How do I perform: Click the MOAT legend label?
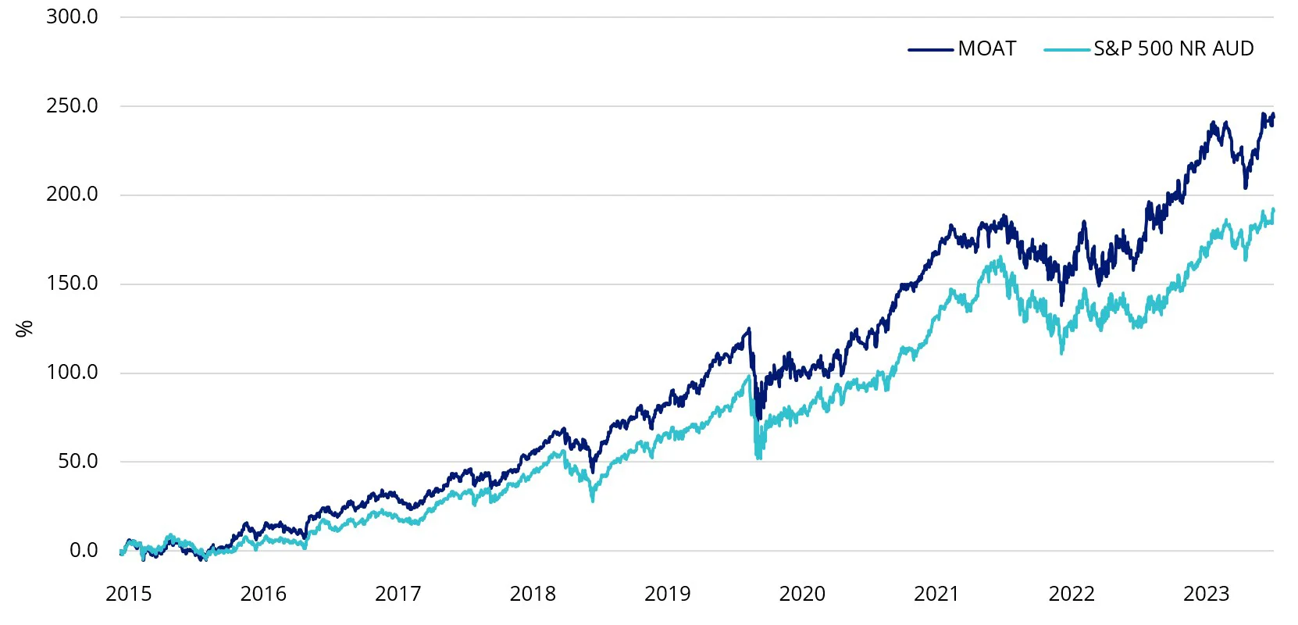986,48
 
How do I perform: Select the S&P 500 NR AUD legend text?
1173,48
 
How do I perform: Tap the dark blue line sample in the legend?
930,49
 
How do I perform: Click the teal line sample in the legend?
1066,49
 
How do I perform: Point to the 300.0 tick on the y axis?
72,16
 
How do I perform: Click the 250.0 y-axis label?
72,105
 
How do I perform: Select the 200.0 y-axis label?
72,195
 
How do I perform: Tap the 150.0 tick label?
72,284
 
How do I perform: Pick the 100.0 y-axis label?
72,373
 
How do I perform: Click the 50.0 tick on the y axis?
77,462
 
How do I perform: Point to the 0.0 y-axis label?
84,551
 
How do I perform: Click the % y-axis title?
25,328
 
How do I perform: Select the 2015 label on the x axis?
129,594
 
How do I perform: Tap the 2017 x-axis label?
398,594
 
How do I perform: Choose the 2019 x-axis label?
667,594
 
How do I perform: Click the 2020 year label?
802,594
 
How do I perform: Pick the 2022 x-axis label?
1072,594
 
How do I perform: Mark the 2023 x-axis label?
1206,594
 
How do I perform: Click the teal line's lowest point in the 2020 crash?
758,458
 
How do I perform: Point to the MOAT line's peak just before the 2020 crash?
749,329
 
